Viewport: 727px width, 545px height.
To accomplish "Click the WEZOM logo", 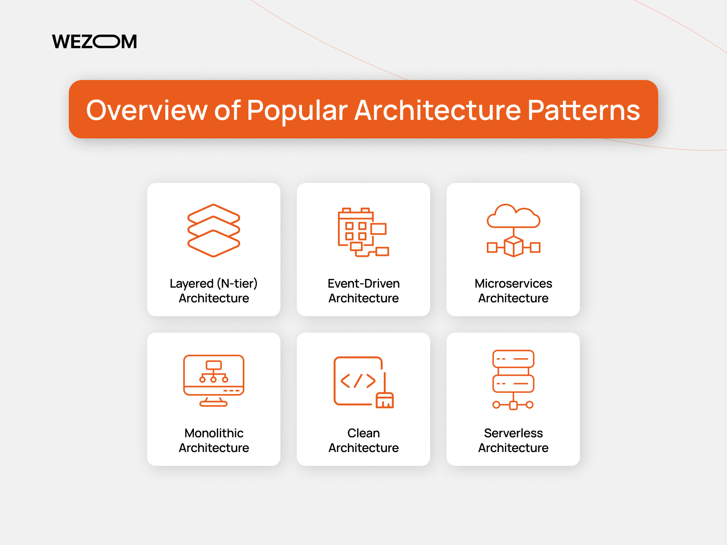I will point(94,42).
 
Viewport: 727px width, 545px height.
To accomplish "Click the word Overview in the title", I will point(147,110).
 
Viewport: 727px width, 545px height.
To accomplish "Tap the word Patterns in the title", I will point(583,110).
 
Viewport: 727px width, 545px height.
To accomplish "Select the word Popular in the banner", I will point(297,110).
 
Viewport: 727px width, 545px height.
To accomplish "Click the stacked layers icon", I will point(214,230).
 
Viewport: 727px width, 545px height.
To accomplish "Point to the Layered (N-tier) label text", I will point(214,283).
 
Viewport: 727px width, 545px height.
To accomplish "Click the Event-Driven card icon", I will point(363,232).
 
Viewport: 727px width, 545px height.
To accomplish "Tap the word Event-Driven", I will point(363,283).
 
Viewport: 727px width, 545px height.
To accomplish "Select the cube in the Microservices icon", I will point(514,247).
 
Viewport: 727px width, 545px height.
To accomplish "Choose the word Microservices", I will point(513,283).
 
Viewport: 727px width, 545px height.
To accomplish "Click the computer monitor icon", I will point(214,375).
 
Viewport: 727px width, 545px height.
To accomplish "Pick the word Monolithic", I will point(214,433).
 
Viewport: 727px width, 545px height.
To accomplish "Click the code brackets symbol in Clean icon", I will point(358,381).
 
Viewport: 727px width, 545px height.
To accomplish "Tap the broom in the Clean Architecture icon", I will point(385,396).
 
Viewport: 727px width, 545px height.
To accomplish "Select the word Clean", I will point(363,433).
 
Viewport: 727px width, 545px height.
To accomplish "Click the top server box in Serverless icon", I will point(513,359).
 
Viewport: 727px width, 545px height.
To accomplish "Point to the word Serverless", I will point(513,433).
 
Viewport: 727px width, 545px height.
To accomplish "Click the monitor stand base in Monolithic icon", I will point(213,404).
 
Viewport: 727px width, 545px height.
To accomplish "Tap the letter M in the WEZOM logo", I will point(129,42).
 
